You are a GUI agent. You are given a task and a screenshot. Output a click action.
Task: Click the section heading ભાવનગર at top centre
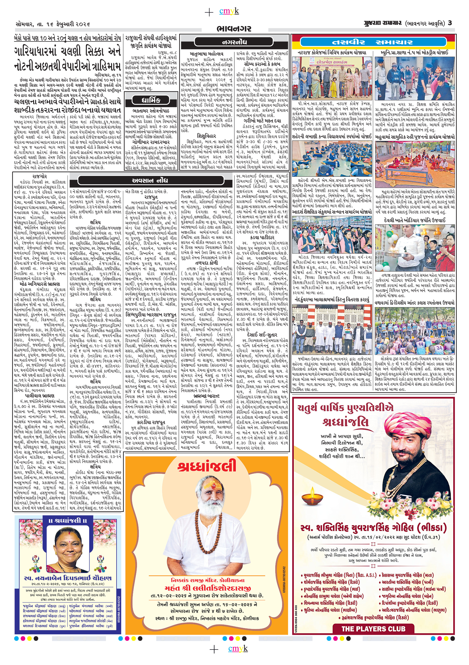click(x=234, y=29)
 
